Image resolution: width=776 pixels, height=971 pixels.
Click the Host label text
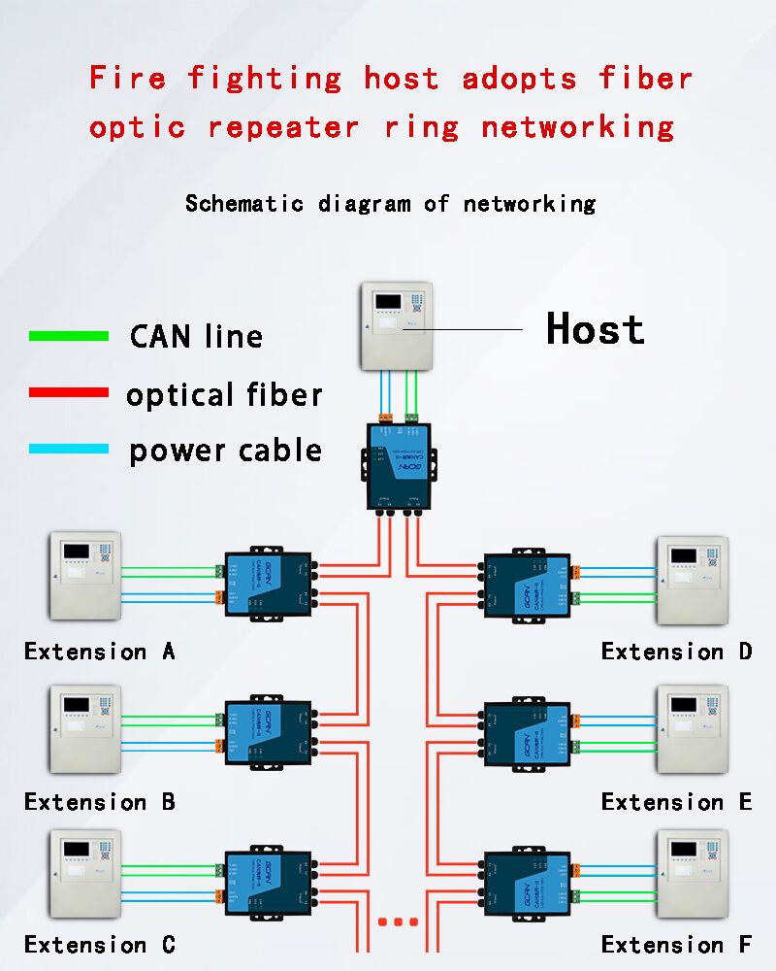click(595, 329)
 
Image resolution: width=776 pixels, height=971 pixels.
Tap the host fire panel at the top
click(396, 325)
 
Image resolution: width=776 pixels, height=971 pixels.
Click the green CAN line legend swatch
click(69, 336)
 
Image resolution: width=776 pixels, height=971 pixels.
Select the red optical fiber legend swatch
click(69, 393)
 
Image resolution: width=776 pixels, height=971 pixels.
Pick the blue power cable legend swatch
click(69, 449)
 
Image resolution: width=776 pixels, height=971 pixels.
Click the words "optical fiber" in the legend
click(224, 394)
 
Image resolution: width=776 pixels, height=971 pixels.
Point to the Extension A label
click(100, 652)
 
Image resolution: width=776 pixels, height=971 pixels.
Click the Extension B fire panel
click(85, 729)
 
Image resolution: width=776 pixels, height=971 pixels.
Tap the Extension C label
click(100, 945)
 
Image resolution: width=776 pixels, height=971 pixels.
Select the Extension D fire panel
click(692, 580)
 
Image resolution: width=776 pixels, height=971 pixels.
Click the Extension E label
click(676, 802)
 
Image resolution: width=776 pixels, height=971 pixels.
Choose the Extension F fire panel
click(692, 873)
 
